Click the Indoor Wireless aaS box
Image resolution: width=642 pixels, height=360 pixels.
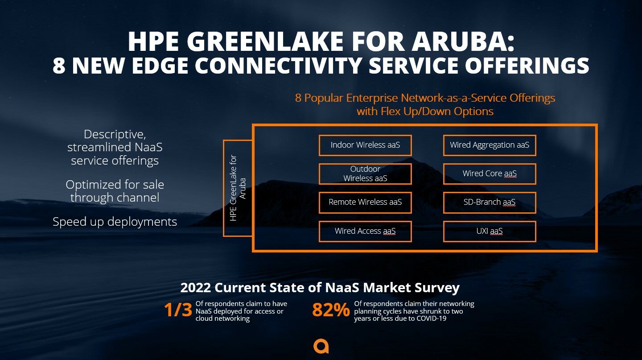[365, 145]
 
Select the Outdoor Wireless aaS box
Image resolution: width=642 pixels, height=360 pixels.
[365, 174]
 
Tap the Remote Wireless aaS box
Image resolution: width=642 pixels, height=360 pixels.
[365, 203]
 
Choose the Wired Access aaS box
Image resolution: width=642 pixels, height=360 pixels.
[365, 231]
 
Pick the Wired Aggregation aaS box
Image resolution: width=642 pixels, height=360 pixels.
[490, 145]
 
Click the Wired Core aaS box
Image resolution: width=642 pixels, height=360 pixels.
[490, 174]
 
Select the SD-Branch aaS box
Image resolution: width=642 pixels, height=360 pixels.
[490, 203]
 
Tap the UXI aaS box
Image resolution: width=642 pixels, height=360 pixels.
[490, 231]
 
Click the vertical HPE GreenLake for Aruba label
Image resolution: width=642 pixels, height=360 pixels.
[238, 188]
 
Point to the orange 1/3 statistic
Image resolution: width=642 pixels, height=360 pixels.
[178, 310]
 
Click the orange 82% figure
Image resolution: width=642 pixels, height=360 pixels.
[331, 310]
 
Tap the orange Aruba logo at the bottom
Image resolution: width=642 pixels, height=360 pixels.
[321, 347]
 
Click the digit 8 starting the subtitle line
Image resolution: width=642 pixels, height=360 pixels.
[59, 66]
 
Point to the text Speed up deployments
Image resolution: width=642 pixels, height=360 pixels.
[115, 222]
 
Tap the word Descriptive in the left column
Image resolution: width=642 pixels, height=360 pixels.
[115, 134]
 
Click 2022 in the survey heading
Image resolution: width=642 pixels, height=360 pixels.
[196, 287]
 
